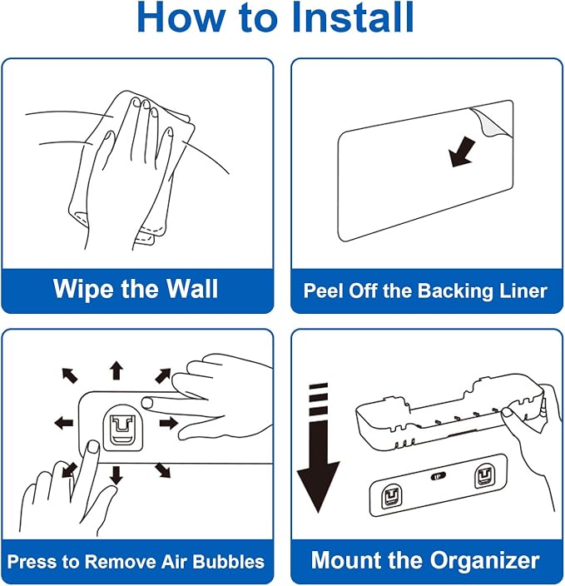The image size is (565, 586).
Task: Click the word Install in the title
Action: (352, 17)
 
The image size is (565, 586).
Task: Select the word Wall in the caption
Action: (192, 289)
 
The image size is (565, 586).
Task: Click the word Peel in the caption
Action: (323, 291)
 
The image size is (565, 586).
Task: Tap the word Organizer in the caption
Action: (484, 561)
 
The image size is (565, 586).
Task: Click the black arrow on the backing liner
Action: (462, 151)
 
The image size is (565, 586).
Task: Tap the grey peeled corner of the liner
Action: (493, 122)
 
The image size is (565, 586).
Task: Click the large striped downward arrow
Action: (319, 448)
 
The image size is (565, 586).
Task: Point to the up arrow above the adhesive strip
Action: (116, 370)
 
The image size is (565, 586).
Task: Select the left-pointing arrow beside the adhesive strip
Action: (64, 424)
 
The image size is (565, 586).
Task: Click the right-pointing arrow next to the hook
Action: (169, 424)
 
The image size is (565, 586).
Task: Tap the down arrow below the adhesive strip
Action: (116, 475)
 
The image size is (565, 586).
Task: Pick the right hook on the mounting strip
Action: (484, 475)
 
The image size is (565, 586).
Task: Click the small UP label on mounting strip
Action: (438, 476)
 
